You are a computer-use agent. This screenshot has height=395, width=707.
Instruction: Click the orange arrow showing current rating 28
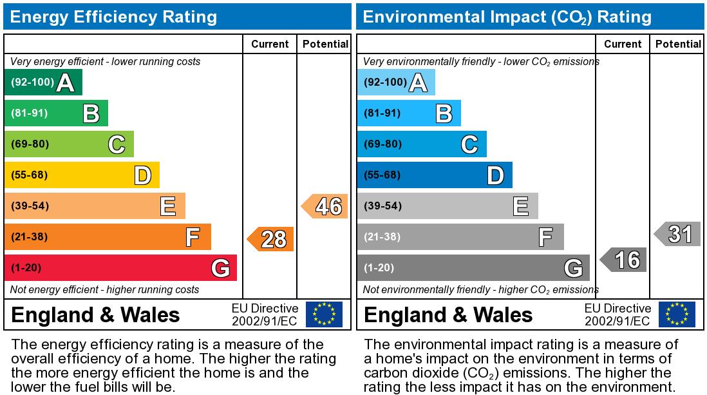271,239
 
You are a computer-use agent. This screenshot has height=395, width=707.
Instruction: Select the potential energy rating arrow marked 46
325,206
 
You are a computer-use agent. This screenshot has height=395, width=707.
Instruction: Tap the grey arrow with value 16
624,260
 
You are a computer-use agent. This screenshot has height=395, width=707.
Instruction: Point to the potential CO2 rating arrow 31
678,234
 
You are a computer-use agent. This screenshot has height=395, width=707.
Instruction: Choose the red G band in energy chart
120,267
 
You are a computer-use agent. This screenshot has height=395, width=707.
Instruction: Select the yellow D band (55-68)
82,175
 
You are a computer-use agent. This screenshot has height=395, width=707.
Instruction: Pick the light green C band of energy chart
69,144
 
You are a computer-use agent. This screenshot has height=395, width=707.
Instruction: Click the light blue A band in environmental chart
396,82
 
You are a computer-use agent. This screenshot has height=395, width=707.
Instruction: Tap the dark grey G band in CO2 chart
473,267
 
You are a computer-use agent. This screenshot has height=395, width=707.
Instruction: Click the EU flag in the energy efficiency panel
324,314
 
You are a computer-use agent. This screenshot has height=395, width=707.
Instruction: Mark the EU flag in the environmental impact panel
677,314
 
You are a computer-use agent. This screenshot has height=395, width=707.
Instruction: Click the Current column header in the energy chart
270,44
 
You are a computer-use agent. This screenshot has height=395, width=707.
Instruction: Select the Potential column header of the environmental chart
678,44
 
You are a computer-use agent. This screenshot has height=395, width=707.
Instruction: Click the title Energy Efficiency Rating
114,17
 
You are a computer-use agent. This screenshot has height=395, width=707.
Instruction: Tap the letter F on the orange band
192,238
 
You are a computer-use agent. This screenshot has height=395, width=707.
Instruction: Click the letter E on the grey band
520,207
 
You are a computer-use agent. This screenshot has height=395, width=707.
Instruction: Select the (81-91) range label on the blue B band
382,113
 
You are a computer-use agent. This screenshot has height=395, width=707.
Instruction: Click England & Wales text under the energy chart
96,315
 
